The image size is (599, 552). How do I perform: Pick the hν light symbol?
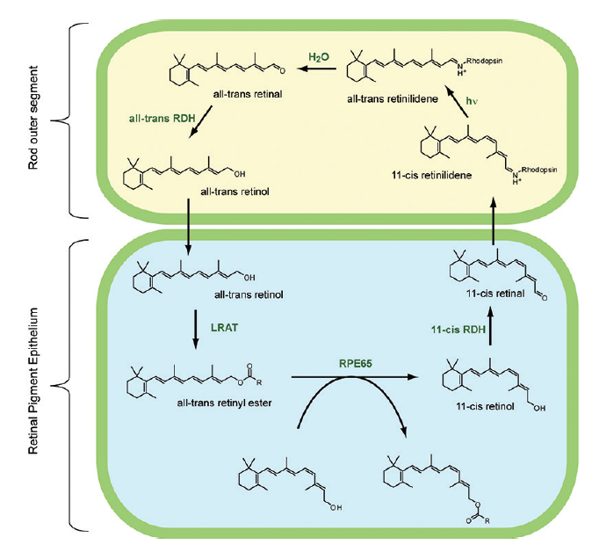453,102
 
